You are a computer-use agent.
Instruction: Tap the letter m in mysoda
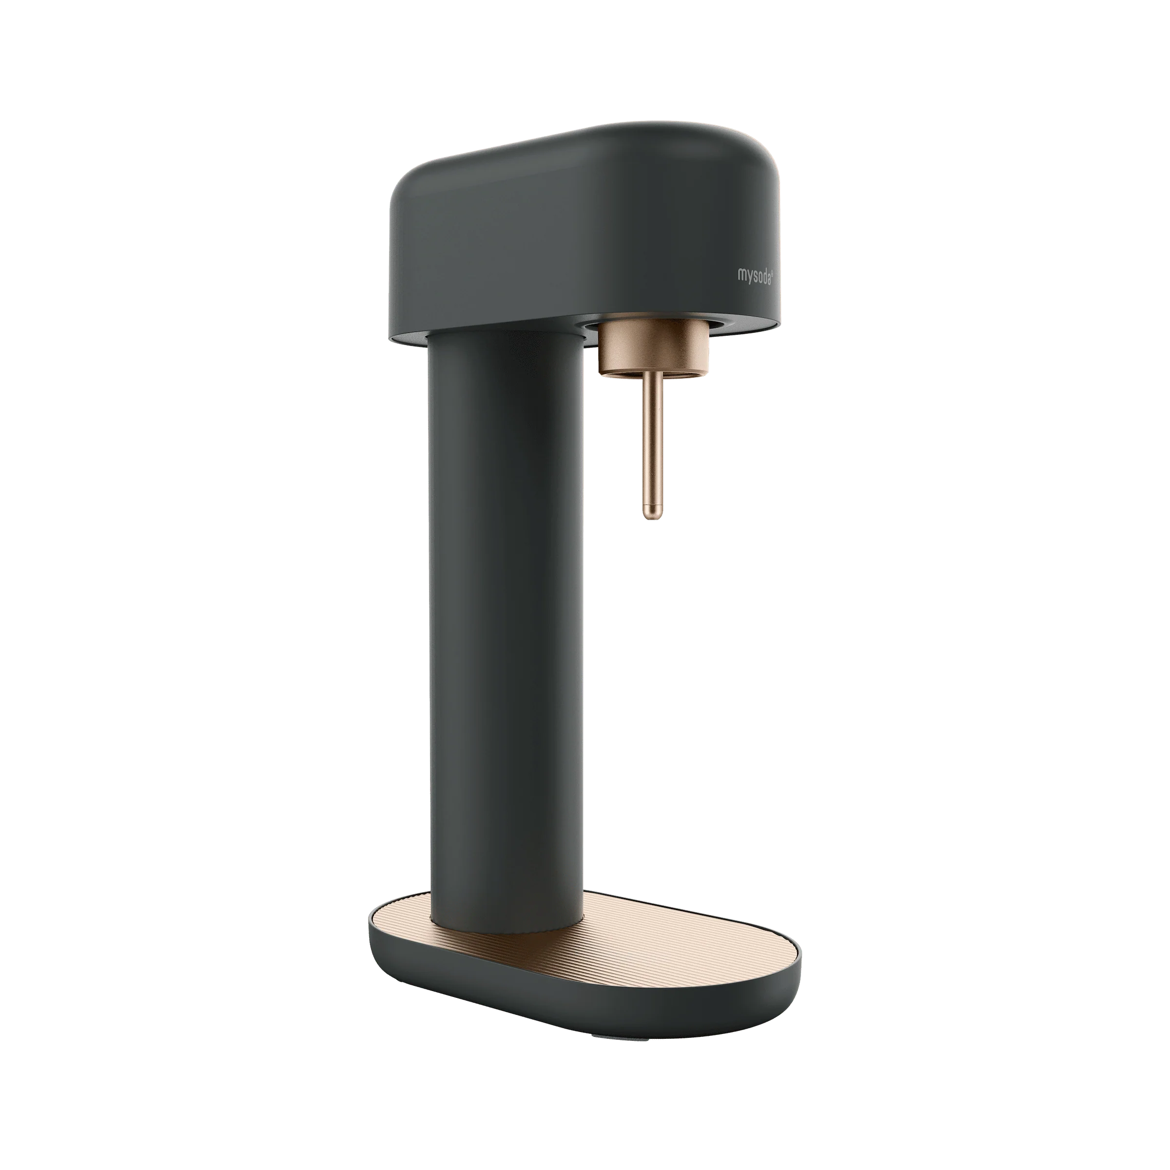741,274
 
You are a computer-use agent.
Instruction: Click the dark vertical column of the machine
506,630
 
